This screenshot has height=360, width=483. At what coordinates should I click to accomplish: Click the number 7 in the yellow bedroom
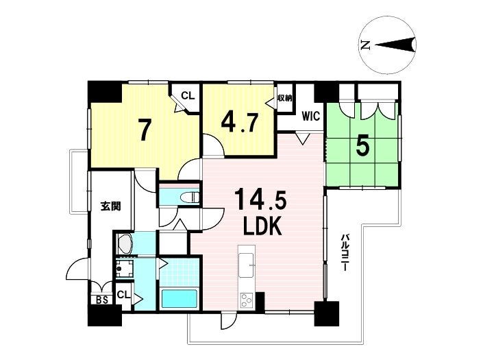click(144, 130)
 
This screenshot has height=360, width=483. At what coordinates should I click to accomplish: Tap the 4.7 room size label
click(239, 122)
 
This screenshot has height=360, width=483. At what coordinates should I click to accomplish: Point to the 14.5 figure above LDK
click(260, 200)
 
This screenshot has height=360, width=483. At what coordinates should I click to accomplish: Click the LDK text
click(262, 226)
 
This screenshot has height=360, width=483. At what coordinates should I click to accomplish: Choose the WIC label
click(311, 117)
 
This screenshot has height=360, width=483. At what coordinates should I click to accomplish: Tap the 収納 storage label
click(284, 98)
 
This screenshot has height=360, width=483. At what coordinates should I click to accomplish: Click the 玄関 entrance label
click(110, 206)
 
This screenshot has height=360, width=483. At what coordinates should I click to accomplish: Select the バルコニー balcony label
click(346, 253)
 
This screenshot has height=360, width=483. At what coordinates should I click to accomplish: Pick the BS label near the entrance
click(102, 300)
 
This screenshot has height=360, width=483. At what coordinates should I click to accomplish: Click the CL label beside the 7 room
click(188, 95)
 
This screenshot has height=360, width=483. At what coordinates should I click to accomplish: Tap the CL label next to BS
click(123, 295)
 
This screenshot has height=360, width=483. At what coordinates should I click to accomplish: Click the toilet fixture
click(190, 197)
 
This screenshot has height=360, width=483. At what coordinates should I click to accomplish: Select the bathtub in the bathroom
click(179, 298)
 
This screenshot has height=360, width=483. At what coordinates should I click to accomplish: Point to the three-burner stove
click(247, 299)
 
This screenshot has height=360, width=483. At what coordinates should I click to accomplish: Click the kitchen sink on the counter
click(247, 265)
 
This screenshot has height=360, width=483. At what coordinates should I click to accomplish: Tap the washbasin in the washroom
click(125, 243)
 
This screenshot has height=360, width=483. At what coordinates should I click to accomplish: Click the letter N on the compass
click(365, 46)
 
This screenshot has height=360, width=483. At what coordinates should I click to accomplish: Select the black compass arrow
click(395, 45)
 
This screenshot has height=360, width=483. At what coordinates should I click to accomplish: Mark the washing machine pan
click(125, 269)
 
